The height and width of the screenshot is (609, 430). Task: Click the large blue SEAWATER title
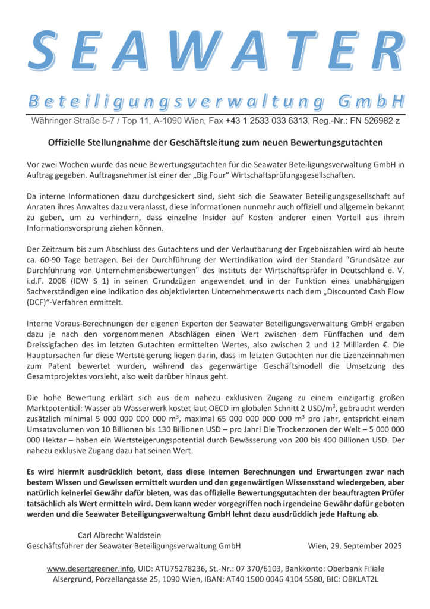tap(215, 47)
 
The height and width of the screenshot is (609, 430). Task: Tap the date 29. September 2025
tap(355, 545)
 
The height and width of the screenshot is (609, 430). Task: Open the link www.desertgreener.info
tap(90, 569)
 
